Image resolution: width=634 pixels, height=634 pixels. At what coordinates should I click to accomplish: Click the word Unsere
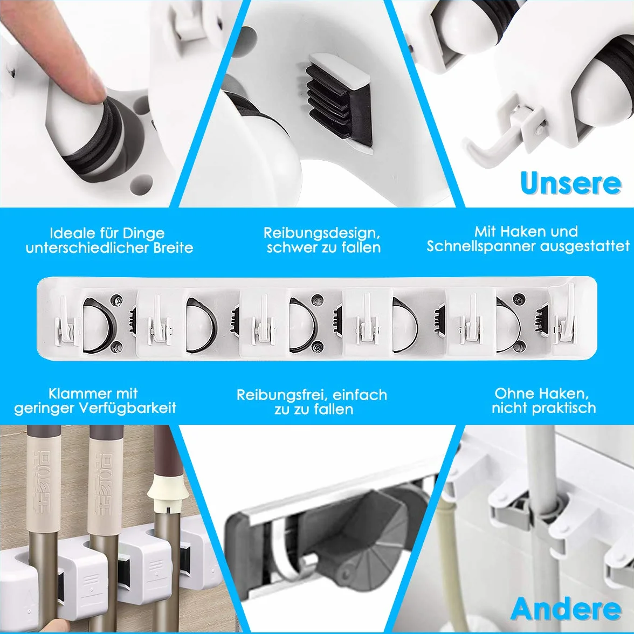[570, 183]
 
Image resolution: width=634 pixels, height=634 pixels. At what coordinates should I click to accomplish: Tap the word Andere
[566, 609]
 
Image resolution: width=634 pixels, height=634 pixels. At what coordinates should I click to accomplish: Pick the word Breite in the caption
[173, 247]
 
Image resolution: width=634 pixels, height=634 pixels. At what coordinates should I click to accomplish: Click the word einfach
[360, 395]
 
